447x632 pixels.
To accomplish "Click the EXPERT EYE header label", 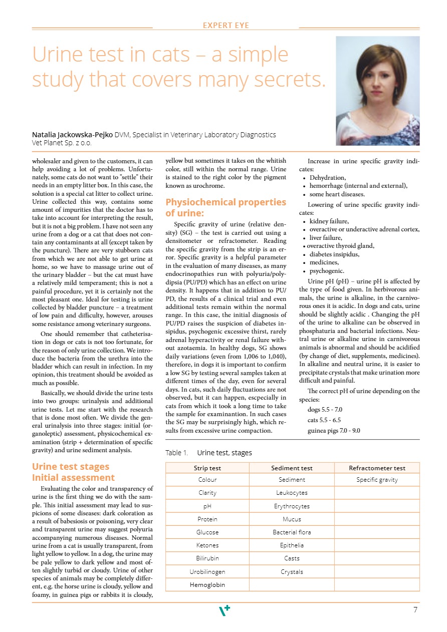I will [x=226, y=26].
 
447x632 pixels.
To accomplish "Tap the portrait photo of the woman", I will [x=377, y=91].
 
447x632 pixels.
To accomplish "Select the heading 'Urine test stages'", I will [x=70, y=467].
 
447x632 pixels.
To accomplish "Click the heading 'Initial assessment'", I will [x=73, y=478].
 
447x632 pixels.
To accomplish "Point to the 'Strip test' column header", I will [x=207, y=468].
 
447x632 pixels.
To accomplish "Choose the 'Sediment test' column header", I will [x=292, y=468].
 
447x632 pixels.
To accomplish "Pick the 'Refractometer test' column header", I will [x=377, y=468].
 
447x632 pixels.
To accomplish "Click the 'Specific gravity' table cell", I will [x=377, y=480].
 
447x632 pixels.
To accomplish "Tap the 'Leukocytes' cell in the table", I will [x=292, y=493].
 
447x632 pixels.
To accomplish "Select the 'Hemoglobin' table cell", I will [x=207, y=584].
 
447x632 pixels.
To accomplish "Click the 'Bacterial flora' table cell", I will [x=292, y=532].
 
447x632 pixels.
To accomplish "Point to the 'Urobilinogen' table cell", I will [x=207, y=571].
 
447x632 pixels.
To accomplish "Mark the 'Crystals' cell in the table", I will [x=292, y=571].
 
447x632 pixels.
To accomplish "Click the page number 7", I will [x=415, y=610].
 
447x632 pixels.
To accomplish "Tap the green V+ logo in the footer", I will [x=225, y=610].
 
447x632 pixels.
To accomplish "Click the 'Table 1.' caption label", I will [x=176, y=453].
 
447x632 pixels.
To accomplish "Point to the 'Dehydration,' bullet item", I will [x=328, y=178].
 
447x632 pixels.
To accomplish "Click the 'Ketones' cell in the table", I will [x=207, y=545].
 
